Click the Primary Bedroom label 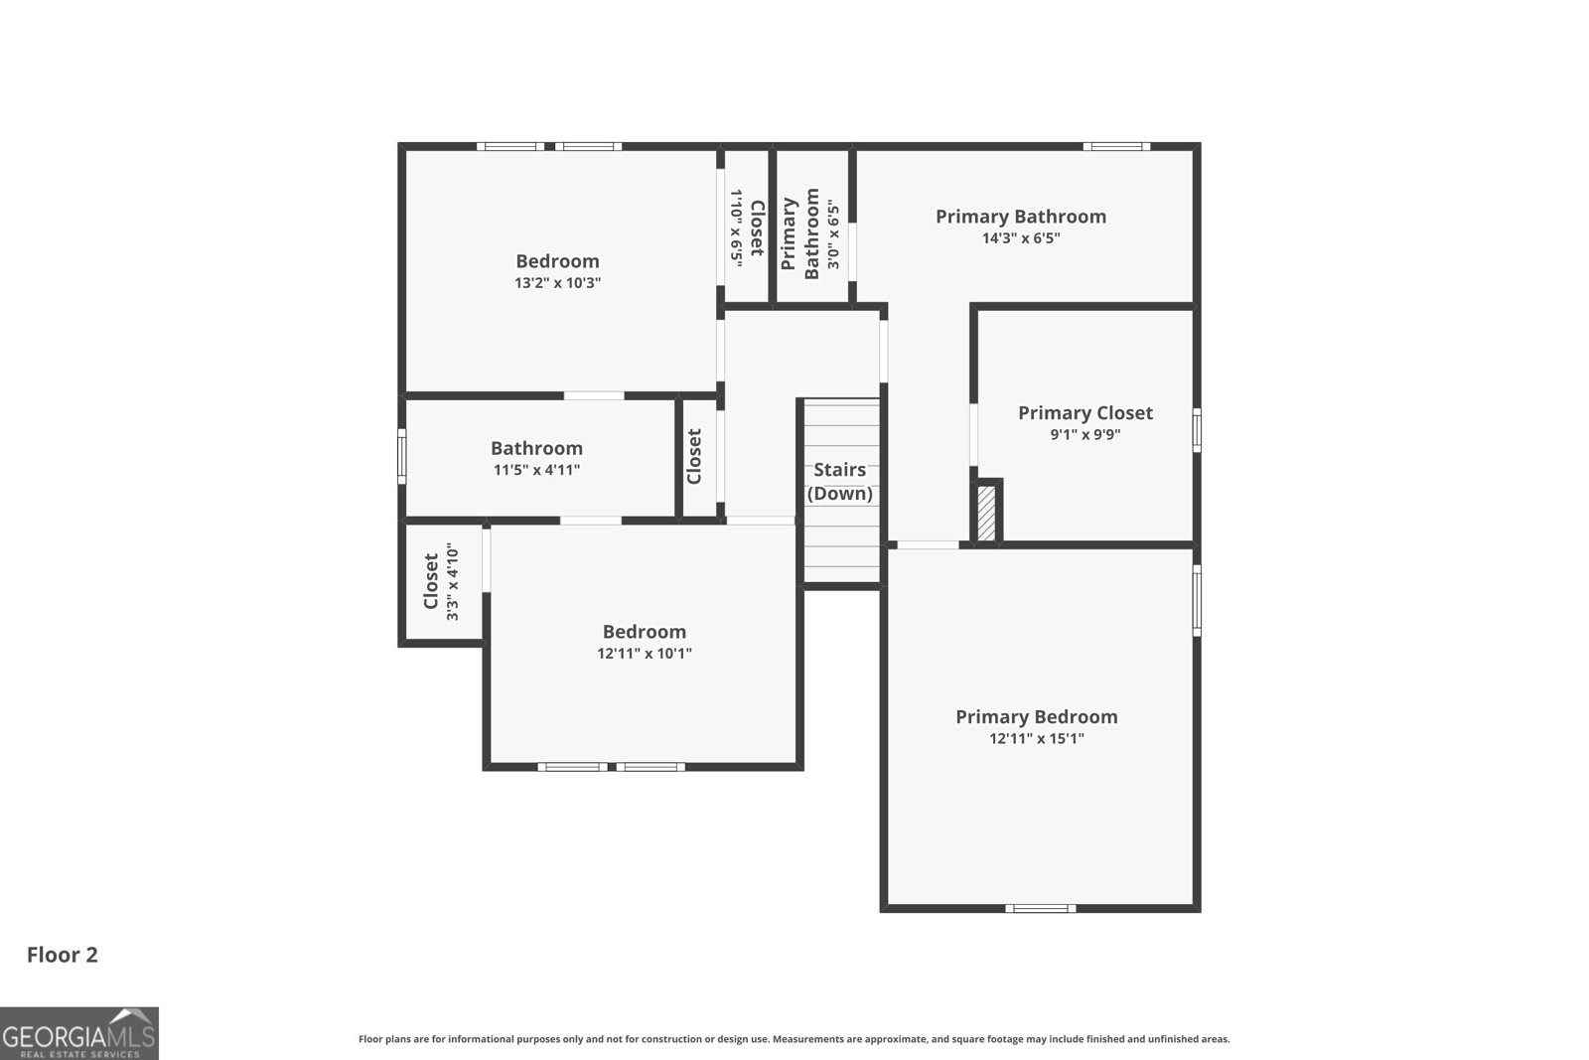click(1036, 716)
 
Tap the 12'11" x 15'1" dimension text click(1036, 739)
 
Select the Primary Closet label click(1084, 412)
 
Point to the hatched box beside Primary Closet click(986, 512)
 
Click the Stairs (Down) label click(840, 481)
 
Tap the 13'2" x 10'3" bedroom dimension click(557, 283)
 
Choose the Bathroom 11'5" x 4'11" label click(536, 458)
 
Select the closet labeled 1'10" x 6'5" click(747, 227)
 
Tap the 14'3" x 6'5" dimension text click(1021, 238)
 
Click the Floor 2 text click(62, 955)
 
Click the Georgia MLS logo click(78, 1033)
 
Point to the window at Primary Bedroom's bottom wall click(1040, 908)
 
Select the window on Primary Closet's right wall click(1197, 430)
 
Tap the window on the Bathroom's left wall click(401, 456)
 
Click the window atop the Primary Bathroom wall click(1116, 146)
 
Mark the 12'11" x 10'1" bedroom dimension click(644, 654)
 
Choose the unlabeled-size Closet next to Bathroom click(694, 456)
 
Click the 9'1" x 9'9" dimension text click(1084, 435)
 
